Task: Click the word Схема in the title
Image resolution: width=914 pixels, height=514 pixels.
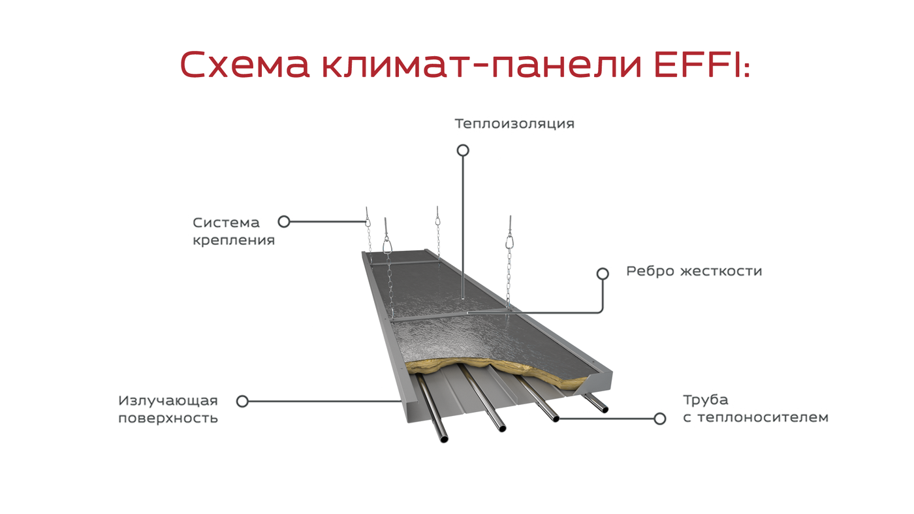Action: click(244, 65)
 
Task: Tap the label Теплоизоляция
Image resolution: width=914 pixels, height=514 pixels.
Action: click(514, 123)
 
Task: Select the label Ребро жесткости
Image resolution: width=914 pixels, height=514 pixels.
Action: click(694, 271)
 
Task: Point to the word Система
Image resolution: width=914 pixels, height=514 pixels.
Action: click(226, 223)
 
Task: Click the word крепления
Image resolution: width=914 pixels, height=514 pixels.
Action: click(234, 240)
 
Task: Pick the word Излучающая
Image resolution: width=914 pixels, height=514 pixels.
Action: click(168, 401)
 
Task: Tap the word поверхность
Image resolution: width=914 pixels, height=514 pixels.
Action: click(168, 419)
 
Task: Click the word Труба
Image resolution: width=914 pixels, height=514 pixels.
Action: click(706, 400)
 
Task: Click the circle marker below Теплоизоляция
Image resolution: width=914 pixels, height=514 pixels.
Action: click(463, 150)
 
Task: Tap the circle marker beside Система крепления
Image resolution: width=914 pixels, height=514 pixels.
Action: click(284, 221)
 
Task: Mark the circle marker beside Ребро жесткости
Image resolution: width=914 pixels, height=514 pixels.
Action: click(603, 274)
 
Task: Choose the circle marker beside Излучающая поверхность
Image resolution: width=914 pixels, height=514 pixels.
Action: click(242, 401)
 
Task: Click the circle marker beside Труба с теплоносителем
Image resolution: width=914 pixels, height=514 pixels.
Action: click(660, 419)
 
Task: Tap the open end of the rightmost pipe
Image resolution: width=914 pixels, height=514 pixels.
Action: click(605, 409)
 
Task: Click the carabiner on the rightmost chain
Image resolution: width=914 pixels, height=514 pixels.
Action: click(510, 241)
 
